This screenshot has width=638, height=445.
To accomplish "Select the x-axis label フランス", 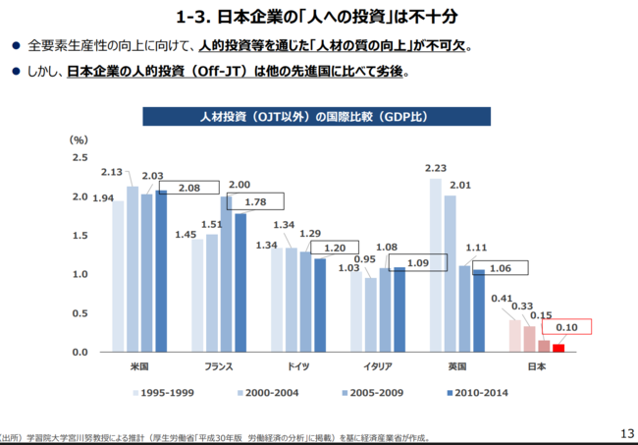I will click(218, 367).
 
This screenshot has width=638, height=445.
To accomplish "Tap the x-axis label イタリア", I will click(378, 367).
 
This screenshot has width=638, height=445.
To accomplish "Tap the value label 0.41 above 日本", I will click(504, 299).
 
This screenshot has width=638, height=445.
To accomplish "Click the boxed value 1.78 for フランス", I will click(255, 202).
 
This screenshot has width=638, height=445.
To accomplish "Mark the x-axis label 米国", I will click(138, 367).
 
